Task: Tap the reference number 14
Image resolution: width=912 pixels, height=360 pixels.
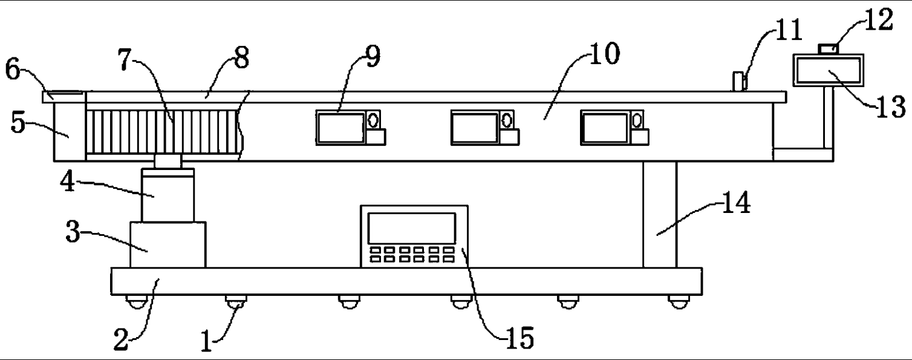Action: tap(736, 205)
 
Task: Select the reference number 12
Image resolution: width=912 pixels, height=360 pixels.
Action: tap(879, 19)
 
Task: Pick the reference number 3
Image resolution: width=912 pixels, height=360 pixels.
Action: tap(74, 233)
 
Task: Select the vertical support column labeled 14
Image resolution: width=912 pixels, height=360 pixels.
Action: tap(659, 215)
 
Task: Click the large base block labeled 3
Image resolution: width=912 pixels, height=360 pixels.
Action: tap(168, 244)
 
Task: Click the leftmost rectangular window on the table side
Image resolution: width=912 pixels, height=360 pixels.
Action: tap(340, 128)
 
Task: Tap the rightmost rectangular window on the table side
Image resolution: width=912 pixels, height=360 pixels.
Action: tap(604, 128)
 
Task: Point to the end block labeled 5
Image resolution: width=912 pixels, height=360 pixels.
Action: tap(70, 127)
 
